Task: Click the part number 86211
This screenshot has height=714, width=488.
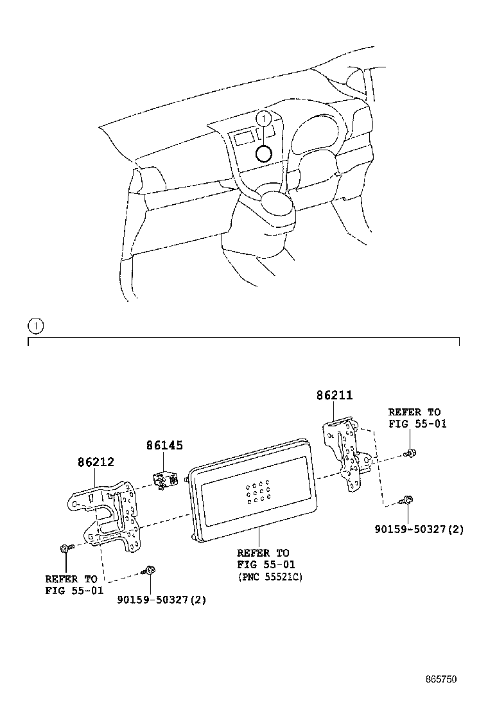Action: click(334, 396)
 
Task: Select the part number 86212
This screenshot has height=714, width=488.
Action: click(96, 461)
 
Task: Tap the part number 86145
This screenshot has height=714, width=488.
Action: click(164, 444)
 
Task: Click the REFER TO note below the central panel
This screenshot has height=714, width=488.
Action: click(263, 559)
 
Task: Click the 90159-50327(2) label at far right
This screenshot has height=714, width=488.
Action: click(419, 530)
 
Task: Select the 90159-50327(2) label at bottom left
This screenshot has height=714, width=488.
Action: click(162, 600)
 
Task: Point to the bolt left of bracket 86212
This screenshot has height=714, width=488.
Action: click(66, 548)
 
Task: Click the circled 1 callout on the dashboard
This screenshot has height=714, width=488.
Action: click(263, 118)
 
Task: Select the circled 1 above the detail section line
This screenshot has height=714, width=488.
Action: click(36, 326)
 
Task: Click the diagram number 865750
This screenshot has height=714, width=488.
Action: click(441, 679)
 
